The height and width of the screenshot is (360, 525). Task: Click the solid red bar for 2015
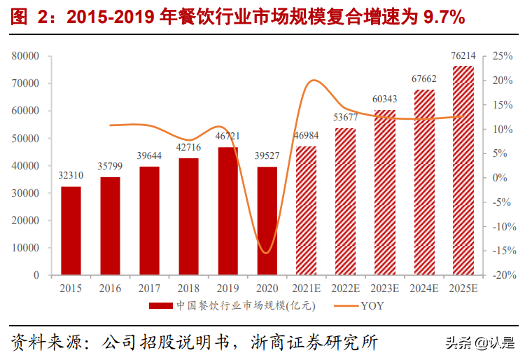71,230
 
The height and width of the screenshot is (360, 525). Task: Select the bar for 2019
227,211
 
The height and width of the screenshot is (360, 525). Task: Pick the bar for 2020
267,221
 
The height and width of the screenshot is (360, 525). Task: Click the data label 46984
306,135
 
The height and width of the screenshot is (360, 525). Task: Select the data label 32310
71,174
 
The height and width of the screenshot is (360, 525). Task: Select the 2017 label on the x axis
149,289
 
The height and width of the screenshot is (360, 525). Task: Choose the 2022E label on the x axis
345,289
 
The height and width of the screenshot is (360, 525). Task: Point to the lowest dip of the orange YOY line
265,253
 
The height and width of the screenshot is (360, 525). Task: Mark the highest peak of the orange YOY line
312,81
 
